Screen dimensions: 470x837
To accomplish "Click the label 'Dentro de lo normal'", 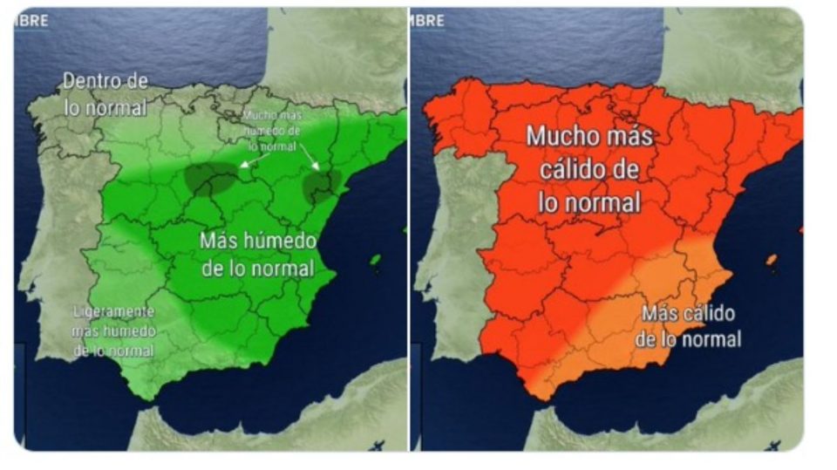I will (x=104, y=94).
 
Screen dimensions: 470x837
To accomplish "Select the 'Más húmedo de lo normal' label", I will (x=257, y=254).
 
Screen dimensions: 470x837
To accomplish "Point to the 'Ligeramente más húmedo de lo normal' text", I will (x=113, y=330).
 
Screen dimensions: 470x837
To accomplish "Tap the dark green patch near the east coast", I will (x=321, y=186).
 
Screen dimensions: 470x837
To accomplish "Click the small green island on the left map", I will (x=375, y=259).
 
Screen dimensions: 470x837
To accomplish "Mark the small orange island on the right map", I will (x=771, y=259).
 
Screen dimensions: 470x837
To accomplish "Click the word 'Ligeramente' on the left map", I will (x=114, y=311).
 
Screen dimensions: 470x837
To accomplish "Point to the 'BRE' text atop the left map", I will (x=34, y=20).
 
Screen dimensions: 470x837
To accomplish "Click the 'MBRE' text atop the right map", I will (x=426, y=20).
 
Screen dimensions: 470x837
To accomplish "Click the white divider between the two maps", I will (x=408, y=235).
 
